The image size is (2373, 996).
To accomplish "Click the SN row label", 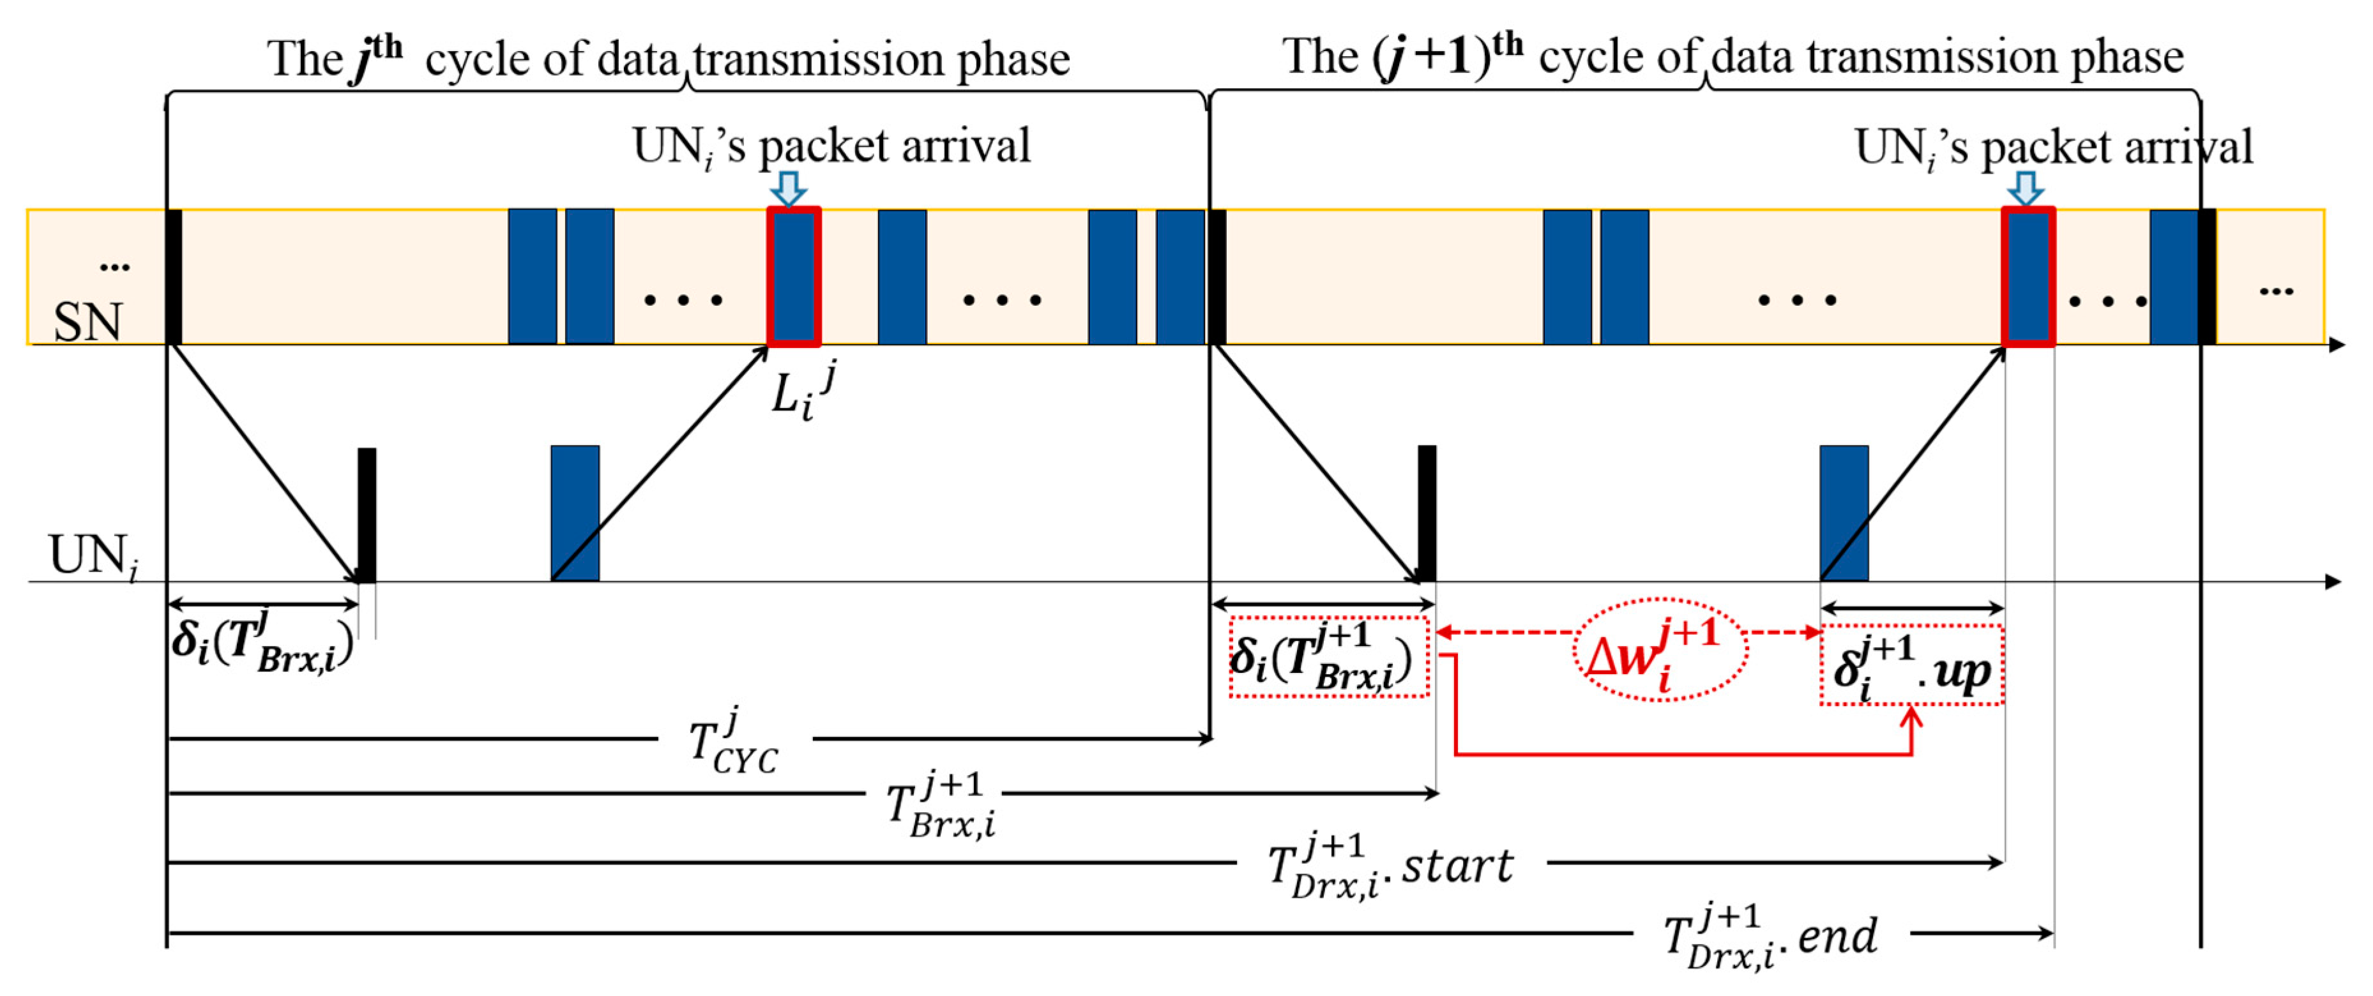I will [87, 322].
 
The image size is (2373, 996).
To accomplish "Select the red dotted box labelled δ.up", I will [1911, 666].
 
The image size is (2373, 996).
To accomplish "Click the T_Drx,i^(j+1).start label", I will [1390, 866].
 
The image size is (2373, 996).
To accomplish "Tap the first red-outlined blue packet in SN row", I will [793, 276].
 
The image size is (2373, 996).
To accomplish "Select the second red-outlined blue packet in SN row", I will [2028, 276].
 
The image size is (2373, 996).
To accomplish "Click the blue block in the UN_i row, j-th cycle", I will [575, 513].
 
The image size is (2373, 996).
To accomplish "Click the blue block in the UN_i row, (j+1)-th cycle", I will [1844, 513].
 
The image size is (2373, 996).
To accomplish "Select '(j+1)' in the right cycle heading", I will [1432, 57].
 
